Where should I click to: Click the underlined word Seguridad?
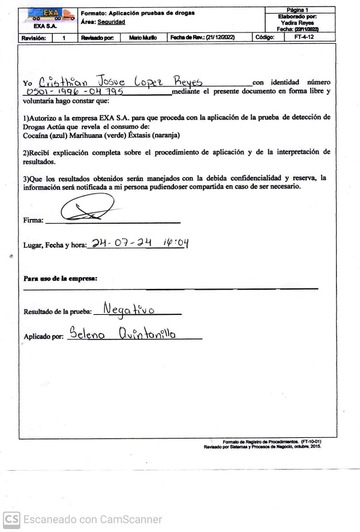[112, 22]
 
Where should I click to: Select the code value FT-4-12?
[304, 37]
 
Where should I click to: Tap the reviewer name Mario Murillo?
[143, 37]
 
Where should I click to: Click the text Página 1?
[298, 10]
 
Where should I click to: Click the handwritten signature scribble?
[87, 209]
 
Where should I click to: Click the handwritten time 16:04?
[176, 243]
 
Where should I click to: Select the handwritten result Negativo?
[128, 309]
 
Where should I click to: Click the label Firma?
[33, 221]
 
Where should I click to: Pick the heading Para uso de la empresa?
[60, 279]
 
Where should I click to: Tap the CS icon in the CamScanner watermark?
[11, 519]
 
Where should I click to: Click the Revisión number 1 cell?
[64, 37]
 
